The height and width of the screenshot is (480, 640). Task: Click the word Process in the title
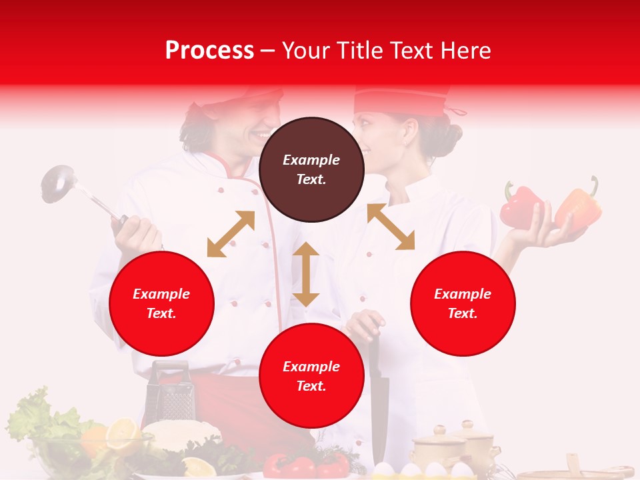pyautogui.click(x=209, y=51)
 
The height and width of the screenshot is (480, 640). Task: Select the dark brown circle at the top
pyautogui.click(x=311, y=169)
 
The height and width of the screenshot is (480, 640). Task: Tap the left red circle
pyautogui.click(x=161, y=303)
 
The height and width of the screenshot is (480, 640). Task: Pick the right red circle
pyautogui.click(x=463, y=303)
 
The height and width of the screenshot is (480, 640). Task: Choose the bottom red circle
pyautogui.click(x=311, y=376)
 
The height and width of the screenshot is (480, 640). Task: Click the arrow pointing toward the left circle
pyautogui.click(x=231, y=234)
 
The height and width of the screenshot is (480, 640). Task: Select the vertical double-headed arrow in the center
pyautogui.click(x=306, y=274)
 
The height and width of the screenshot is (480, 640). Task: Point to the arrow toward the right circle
pyautogui.click(x=391, y=227)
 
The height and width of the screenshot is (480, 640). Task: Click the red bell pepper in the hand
pyautogui.click(x=521, y=206)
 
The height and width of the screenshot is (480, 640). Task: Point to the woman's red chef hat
pyautogui.click(x=400, y=100)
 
